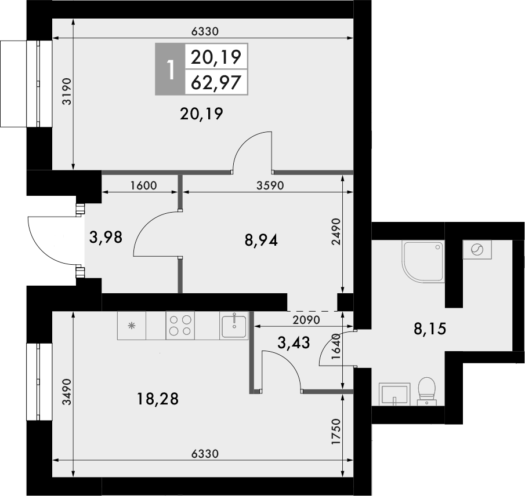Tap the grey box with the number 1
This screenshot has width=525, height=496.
click(169, 70)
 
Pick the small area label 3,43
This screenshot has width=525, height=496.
click(294, 343)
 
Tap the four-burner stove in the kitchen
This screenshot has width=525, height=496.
click(180, 325)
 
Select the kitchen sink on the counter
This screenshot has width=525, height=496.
click(234, 325)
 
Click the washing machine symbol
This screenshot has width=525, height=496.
click(477, 250)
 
